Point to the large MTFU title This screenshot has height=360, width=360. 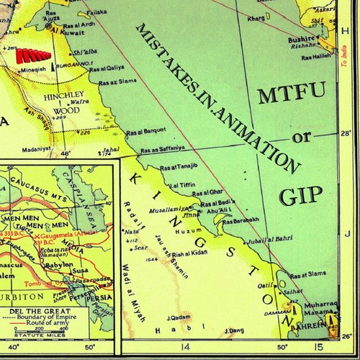point(292,92)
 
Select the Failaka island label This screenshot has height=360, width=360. point(96,12)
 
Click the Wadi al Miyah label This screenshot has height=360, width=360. point(138,296)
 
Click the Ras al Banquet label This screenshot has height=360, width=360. point(146,131)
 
